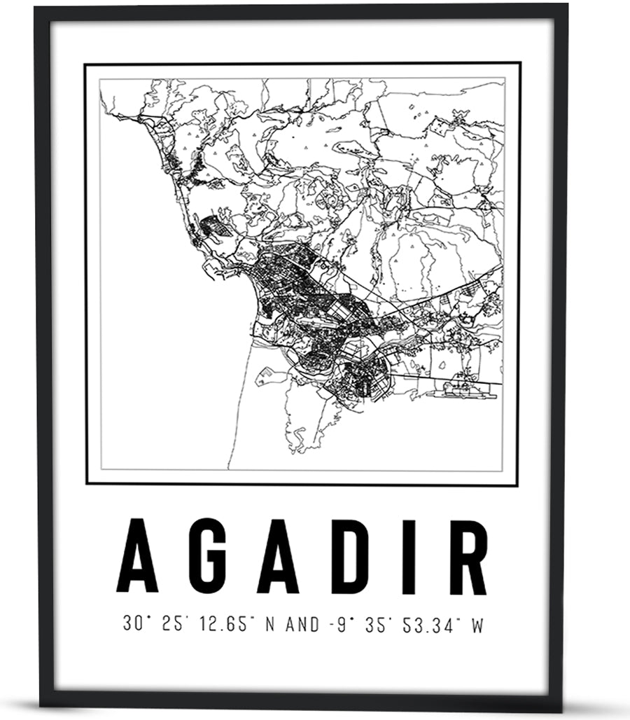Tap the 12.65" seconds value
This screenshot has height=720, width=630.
pyautogui.click(x=223, y=623)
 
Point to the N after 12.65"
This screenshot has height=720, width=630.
pyautogui.click(x=270, y=623)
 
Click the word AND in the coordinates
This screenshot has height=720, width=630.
pyautogui.click(x=303, y=623)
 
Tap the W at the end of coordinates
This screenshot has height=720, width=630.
pyautogui.click(x=477, y=623)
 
